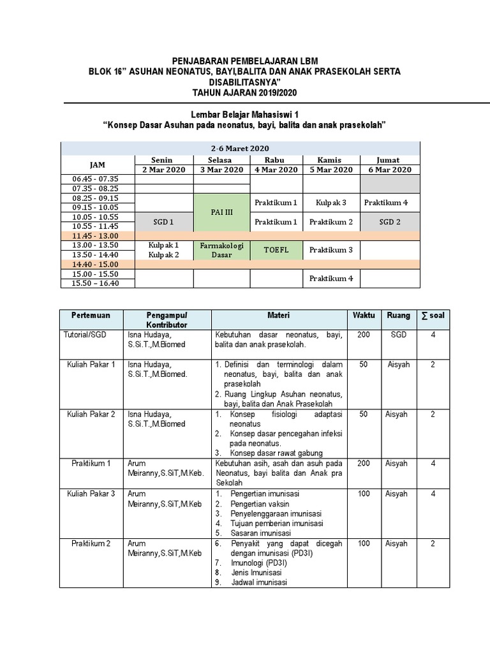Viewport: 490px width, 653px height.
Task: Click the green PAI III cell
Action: [221, 212]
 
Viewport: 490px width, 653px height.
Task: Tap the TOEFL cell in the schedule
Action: [276, 250]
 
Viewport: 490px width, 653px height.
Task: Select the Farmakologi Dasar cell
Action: [221, 249]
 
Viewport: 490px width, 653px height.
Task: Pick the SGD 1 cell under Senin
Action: [164, 221]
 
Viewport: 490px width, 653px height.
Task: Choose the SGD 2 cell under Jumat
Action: [390, 221]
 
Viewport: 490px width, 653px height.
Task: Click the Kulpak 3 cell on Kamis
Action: [331, 203]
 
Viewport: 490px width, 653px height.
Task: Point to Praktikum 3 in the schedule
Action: [331, 250]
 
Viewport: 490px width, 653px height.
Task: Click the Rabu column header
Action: [276, 160]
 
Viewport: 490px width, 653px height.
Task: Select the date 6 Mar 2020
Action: [390, 170]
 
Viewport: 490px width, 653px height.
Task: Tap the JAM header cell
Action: [98, 165]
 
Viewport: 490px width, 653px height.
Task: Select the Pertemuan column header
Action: [91, 316]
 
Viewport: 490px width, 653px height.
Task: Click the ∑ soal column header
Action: [433, 316]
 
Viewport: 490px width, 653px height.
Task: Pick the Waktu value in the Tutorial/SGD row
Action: [364, 334]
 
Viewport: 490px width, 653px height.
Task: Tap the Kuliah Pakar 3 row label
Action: [91, 494]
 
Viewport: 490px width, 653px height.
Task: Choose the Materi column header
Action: [278, 316]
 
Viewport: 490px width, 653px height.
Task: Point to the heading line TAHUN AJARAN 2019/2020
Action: [244, 94]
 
